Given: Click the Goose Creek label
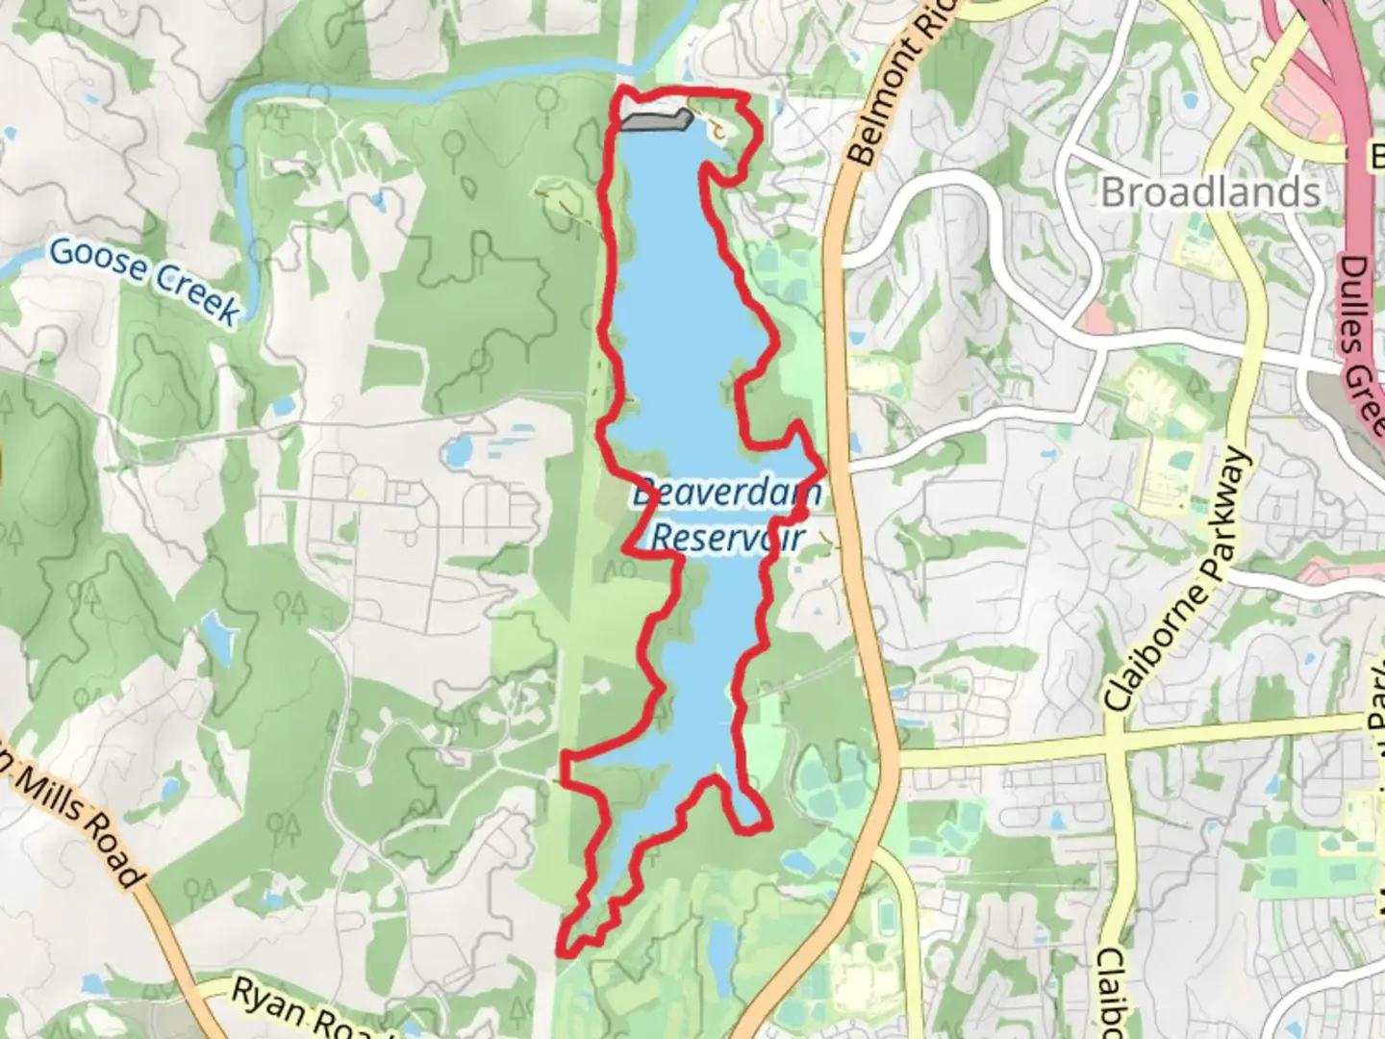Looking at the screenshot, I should [x=144, y=280].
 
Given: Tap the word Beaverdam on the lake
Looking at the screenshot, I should [x=728, y=495].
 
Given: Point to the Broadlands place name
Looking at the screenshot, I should [x=1210, y=192].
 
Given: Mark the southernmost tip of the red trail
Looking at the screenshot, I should [x=565, y=952].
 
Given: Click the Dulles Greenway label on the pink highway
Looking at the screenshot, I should [x=1366, y=337].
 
